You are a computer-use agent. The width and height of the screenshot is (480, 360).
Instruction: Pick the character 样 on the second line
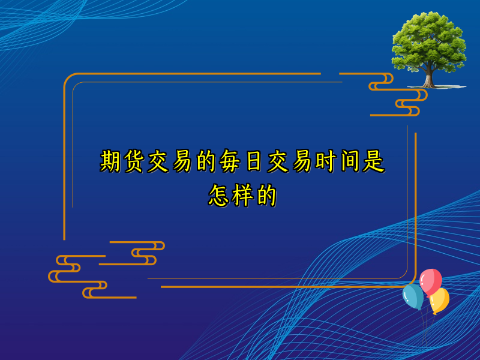click(x=242, y=196)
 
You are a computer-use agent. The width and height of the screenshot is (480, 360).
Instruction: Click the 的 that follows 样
click(x=265, y=196)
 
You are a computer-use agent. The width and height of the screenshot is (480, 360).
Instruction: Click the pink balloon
click(x=431, y=280)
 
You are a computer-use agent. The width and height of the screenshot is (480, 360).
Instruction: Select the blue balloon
click(x=413, y=296)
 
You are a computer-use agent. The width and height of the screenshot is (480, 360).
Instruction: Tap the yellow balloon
click(x=440, y=299)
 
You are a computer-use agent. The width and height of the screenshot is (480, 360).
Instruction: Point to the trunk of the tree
click(x=428, y=77)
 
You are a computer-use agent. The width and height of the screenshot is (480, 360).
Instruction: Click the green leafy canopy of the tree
click(x=428, y=42)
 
